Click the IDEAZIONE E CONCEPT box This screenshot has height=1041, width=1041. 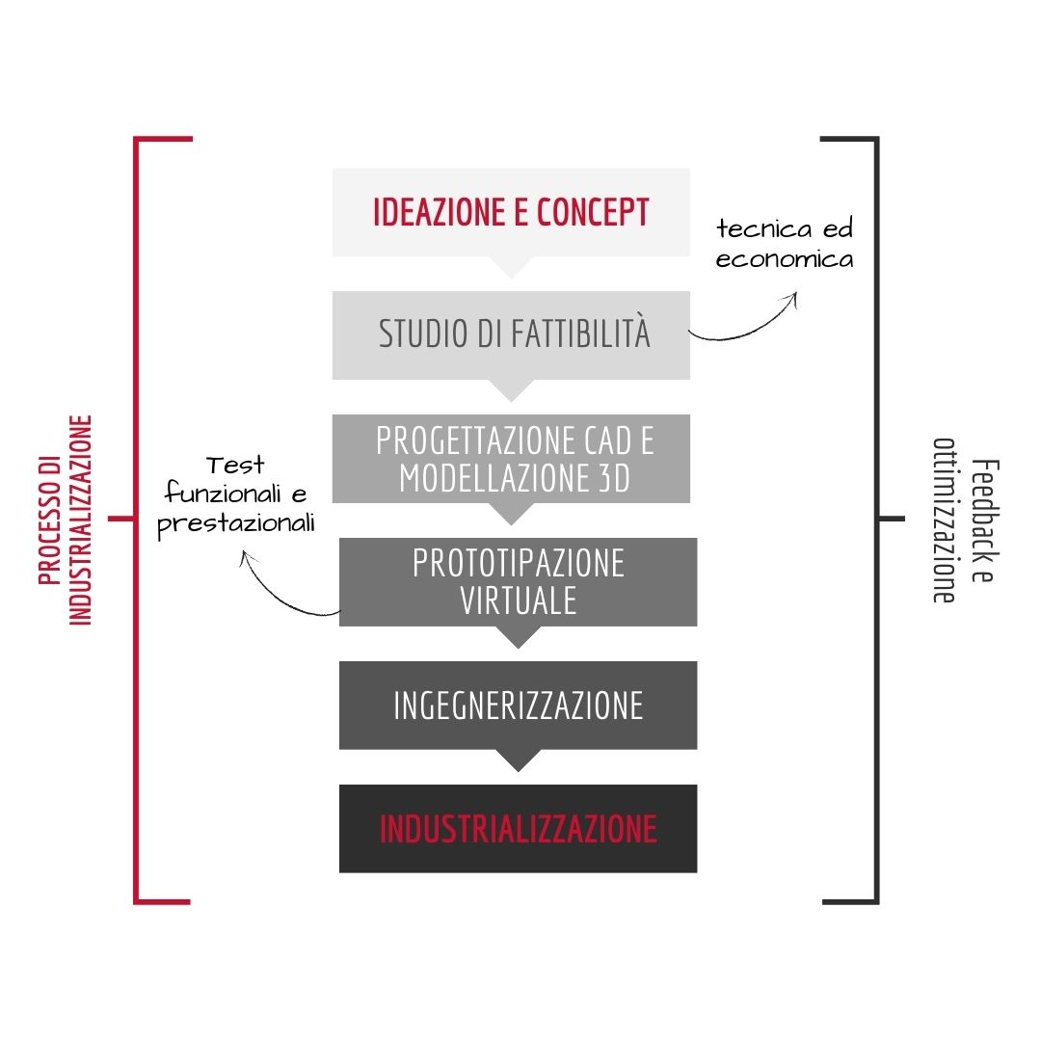point(511,212)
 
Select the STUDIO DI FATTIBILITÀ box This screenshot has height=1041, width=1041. point(511,335)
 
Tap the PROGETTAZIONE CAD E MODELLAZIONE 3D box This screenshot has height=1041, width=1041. point(511,459)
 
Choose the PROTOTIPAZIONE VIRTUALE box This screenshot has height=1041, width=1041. point(518,581)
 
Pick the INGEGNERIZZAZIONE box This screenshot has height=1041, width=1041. point(518,705)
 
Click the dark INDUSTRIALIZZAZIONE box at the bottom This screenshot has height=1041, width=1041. point(518,829)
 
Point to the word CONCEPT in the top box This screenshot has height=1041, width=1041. point(593,212)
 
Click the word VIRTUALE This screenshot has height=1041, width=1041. point(519,601)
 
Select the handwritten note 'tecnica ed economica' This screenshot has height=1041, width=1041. point(785,244)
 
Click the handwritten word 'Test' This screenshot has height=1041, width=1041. point(235,465)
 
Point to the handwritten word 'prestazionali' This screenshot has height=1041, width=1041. point(236,524)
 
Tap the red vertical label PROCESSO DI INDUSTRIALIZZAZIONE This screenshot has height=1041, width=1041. point(65,520)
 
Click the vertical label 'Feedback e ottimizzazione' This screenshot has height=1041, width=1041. point(966,520)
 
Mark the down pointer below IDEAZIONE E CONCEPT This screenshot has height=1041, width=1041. point(511,267)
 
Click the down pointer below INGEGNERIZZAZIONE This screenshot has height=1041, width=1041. point(518,761)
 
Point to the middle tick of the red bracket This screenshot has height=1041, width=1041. point(121,519)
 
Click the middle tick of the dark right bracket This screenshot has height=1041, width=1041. point(892,519)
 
